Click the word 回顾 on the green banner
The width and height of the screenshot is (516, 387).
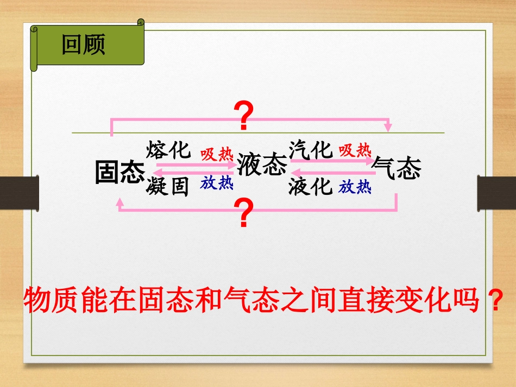coord(83,45)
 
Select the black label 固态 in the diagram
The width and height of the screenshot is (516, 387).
coord(120,172)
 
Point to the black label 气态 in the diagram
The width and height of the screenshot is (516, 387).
coord(397,168)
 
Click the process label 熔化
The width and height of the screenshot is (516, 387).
coord(168,150)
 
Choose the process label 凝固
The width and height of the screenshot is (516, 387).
coord(167,187)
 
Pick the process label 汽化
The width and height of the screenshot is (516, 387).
coord(310,150)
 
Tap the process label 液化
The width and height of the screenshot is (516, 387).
coord(310,187)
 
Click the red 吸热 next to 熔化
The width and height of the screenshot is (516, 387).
coord(217,155)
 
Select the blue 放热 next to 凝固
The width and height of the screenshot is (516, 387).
coord(217,183)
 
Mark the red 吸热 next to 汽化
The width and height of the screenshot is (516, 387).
coord(355,150)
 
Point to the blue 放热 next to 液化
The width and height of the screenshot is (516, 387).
coord(355,188)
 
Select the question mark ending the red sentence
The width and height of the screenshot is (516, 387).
coord(494,299)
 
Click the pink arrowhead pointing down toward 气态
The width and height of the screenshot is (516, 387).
coord(388,128)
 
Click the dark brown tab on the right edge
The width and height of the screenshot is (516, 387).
coord(496,193)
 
